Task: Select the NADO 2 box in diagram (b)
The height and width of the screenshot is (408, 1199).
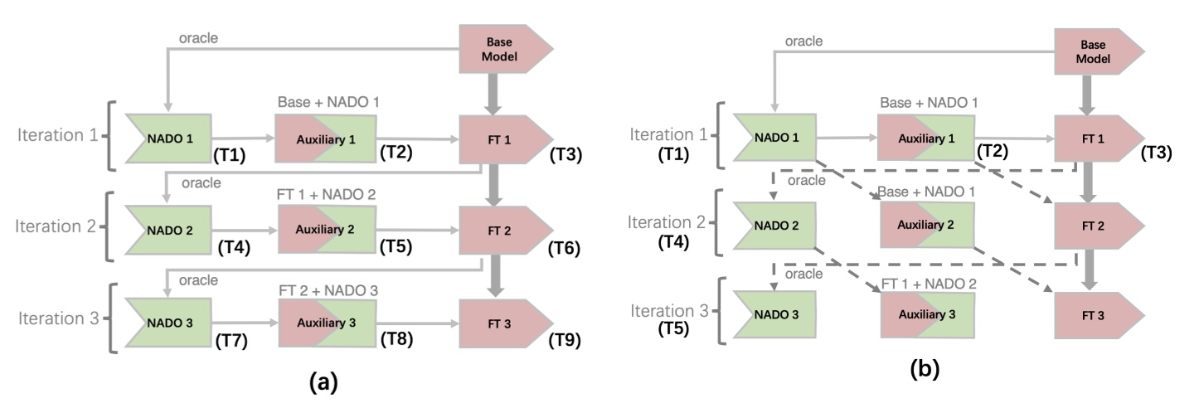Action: (770, 225)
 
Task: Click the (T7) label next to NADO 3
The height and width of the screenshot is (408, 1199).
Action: (234, 341)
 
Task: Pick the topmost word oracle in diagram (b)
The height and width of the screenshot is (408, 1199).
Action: (804, 41)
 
